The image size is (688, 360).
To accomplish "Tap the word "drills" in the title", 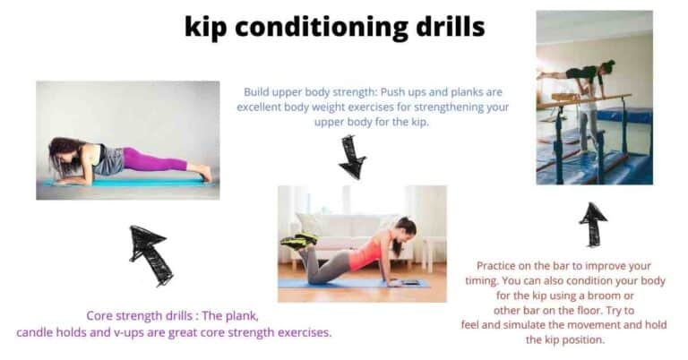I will click(444, 27).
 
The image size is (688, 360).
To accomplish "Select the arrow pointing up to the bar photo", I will click(592, 224).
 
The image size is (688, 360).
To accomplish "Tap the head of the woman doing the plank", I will click(64, 154).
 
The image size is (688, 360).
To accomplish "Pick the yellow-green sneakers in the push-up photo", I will click(297, 240).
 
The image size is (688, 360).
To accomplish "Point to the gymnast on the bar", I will click(580, 72).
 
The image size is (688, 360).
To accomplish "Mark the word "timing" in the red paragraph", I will click(494, 281).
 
